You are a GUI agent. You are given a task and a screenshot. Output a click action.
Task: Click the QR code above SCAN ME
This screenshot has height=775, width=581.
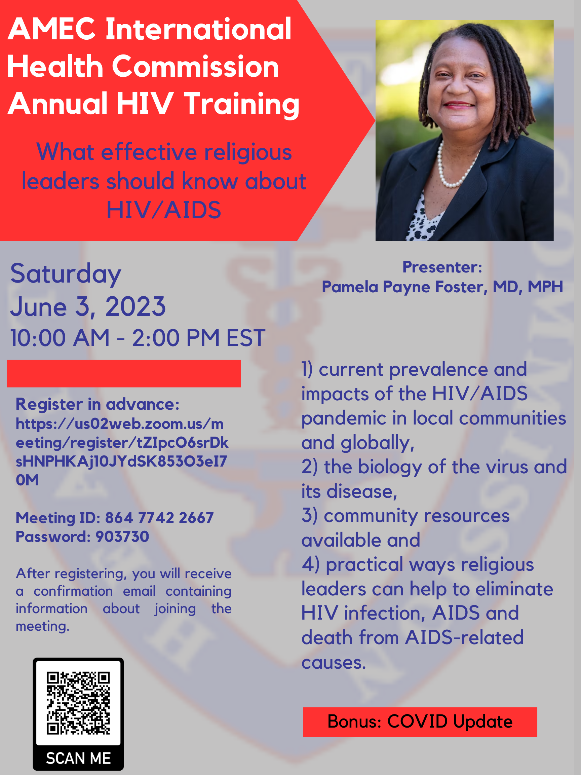coord(78,702)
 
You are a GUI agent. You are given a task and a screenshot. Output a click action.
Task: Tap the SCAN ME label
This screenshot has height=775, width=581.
coord(78,758)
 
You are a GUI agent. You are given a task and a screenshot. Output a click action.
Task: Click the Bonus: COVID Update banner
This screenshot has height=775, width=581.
coord(420,722)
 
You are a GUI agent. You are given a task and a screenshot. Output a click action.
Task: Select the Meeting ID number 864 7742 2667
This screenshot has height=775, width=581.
coord(159,518)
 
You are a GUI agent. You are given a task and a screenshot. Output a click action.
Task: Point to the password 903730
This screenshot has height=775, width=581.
coord(122,537)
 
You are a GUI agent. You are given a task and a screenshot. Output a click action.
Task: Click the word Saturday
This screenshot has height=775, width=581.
coord(66,273)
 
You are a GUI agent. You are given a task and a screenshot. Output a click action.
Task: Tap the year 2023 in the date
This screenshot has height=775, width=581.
coord(135,306)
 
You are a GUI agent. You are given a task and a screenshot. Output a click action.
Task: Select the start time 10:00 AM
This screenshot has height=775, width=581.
coord(60,338)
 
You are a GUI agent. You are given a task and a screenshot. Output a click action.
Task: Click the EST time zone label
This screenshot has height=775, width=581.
coord(246,338)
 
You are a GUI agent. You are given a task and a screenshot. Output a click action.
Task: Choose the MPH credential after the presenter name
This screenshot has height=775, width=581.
coord(545,287)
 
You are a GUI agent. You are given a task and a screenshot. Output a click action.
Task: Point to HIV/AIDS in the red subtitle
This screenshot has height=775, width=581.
coord(163,210)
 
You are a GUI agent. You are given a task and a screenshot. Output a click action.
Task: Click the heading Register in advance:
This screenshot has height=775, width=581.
coord(98,404)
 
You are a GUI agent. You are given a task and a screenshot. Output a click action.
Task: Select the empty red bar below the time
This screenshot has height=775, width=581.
coord(124,373)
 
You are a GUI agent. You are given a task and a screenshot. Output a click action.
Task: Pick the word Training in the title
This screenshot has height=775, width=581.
coord(242,104)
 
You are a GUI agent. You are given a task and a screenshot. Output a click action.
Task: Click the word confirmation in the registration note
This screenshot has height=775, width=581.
coord(73,591)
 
